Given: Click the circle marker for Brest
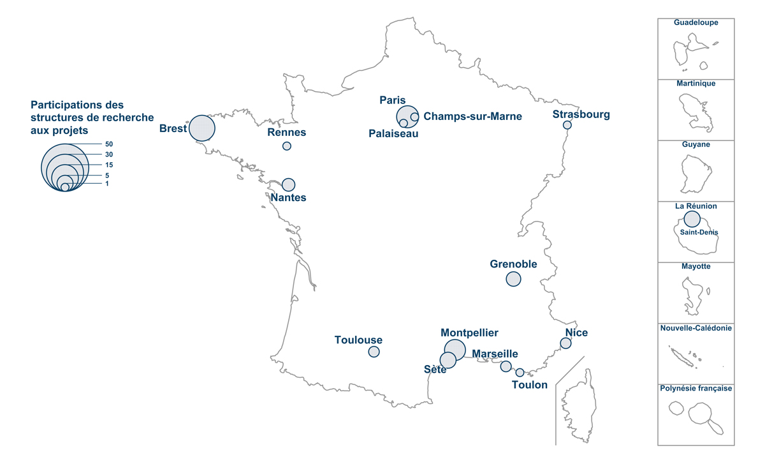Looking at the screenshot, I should tap(201, 128).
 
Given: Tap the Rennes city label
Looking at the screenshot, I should tap(287, 133).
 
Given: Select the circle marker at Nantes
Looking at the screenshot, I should tap(288, 184).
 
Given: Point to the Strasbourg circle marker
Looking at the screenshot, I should tap(567, 125).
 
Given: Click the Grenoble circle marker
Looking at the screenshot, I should tap(513, 279).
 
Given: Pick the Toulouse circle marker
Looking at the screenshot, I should tap(374, 352).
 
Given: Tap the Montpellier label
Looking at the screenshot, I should tap(469, 333).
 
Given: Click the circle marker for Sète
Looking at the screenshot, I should tap(448, 360).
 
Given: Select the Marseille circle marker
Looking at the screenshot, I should tap(506, 366).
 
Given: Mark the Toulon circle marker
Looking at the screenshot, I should tap(520, 373).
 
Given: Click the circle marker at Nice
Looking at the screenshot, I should tap(565, 343).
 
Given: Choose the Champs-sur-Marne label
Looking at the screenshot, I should tap(472, 116).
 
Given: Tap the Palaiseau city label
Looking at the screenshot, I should tap(393, 134).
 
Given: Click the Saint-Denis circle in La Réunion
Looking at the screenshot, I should tap(692, 220).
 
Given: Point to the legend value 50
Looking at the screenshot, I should tap(109, 144).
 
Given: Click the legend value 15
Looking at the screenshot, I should tap(109, 165).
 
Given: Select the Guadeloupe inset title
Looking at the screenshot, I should tap(696, 22).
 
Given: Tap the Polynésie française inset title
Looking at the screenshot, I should tap(696, 388).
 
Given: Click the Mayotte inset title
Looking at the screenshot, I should tap(696, 267).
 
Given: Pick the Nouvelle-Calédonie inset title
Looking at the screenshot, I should tap(696, 327).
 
